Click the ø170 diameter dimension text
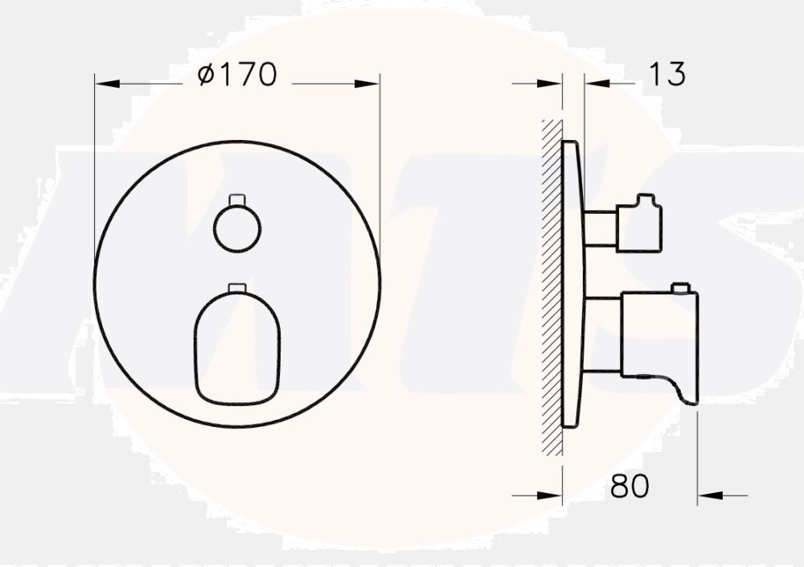coord(237,75)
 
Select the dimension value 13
coord(667,75)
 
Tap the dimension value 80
coord(629,487)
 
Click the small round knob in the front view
coord(237,228)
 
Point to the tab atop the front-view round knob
coord(237,199)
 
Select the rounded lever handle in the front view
coord(237,347)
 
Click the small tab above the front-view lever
coord(237,287)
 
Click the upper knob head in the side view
coord(639,226)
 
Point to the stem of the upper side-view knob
coord(600,228)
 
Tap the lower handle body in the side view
coord(658,334)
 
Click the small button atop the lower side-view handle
coord(682,287)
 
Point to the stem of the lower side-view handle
coord(601,334)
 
